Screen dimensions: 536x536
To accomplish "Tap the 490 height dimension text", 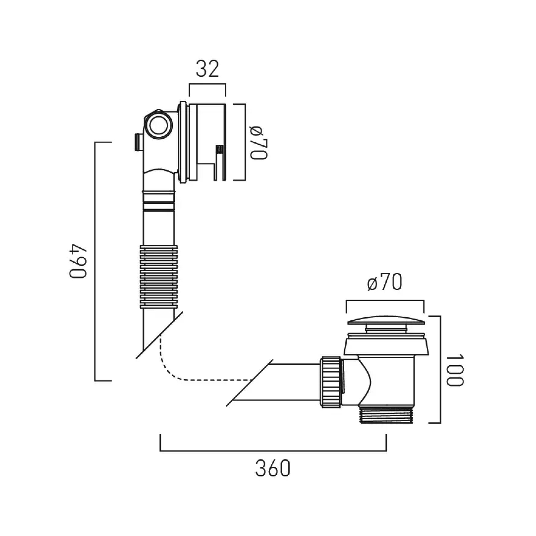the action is (x=78, y=261).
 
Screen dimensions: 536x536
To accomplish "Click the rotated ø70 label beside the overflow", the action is (x=259, y=142).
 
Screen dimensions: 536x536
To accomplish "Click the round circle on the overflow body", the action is (x=159, y=125).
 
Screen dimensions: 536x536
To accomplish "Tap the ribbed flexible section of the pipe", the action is (x=159, y=277).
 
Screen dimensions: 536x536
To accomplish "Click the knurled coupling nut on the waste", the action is (x=330, y=382).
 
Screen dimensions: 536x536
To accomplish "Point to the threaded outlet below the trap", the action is (x=387, y=415).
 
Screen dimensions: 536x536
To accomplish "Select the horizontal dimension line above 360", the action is (x=273, y=450).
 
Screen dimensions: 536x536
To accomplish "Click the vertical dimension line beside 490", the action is (x=95, y=261).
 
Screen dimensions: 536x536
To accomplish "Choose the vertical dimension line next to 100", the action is (x=440, y=370).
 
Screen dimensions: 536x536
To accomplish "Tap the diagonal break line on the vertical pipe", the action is (x=159, y=335).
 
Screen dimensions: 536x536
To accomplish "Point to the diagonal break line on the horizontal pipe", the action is (x=249, y=383).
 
